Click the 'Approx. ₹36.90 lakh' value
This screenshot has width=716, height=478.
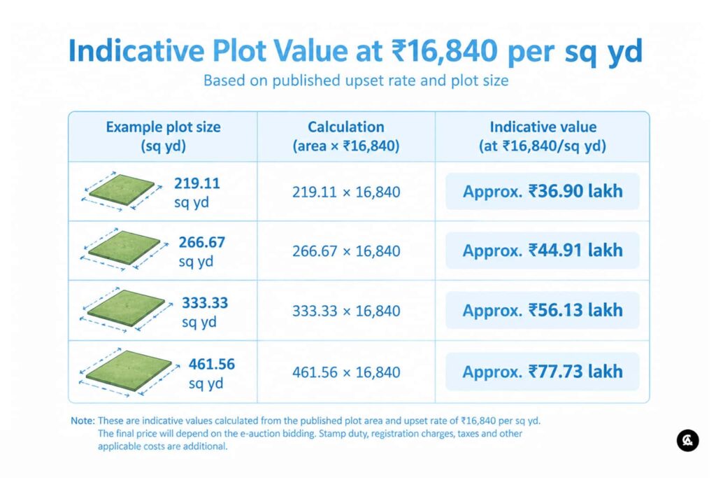click(543, 191)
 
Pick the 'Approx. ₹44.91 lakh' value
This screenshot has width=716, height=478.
click(543, 251)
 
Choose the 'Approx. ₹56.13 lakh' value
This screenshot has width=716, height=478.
click(543, 310)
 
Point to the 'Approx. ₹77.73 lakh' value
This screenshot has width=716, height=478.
click(543, 372)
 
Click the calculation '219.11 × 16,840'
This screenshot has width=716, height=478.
click(346, 192)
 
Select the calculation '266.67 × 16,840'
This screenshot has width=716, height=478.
click(346, 251)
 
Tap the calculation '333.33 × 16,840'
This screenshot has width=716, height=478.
click(346, 311)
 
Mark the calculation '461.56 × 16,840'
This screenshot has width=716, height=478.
click(346, 372)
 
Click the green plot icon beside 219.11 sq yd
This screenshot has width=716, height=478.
click(122, 190)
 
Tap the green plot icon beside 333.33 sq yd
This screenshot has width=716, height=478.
click(126, 309)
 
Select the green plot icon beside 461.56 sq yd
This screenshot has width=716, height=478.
click(129, 371)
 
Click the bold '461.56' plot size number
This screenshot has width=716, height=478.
click(211, 364)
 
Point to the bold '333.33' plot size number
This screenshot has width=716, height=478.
click(205, 303)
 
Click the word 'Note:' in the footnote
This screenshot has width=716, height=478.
click(83, 421)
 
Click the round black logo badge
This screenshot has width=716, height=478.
click(687, 440)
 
